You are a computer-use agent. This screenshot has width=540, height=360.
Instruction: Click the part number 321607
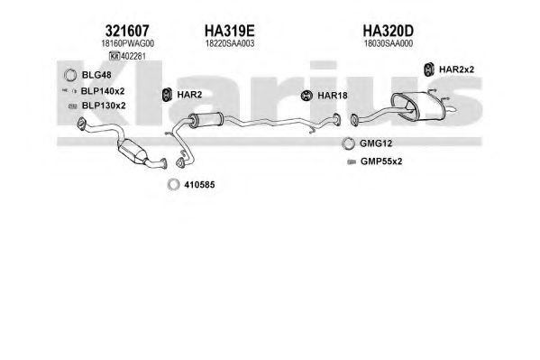pyautogui.click(x=127, y=31)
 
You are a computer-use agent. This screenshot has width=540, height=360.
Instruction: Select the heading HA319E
pyautogui.click(x=230, y=31)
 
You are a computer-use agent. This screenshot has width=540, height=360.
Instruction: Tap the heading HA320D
pyautogui.click(x=389, y=31)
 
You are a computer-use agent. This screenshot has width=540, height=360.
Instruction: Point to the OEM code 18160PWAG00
pyautogui.click(x=127, y=43)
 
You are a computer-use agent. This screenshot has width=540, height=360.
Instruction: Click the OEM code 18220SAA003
pyautogui.click(x=230, y=43)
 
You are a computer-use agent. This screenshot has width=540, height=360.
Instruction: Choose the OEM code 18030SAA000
pyautogui.click(x=389, y=43)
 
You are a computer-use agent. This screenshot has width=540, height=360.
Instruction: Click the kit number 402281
pyautogui.click(x=133, y=56)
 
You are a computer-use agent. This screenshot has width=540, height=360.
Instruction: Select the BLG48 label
pyautogui.click(x=96, y=75)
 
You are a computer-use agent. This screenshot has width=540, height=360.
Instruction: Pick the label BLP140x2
pyautogui.click(x=103, y=91)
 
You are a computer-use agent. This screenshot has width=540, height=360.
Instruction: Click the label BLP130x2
pyautogui.click(x=104, y=106)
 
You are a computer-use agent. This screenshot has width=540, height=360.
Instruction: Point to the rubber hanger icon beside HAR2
pyautogui.click(x=167, y=95)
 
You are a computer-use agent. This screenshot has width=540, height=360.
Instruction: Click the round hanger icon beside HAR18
pyautogui.click(x=307, y=96)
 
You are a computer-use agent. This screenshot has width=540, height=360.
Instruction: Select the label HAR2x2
pyautogui.click(x=456, y=69)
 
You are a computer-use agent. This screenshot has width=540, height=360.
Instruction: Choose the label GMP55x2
pyautogui.click(x=381, y=162)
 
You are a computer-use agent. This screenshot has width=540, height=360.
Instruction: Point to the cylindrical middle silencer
pyautogui.click(x=206, y=120)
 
